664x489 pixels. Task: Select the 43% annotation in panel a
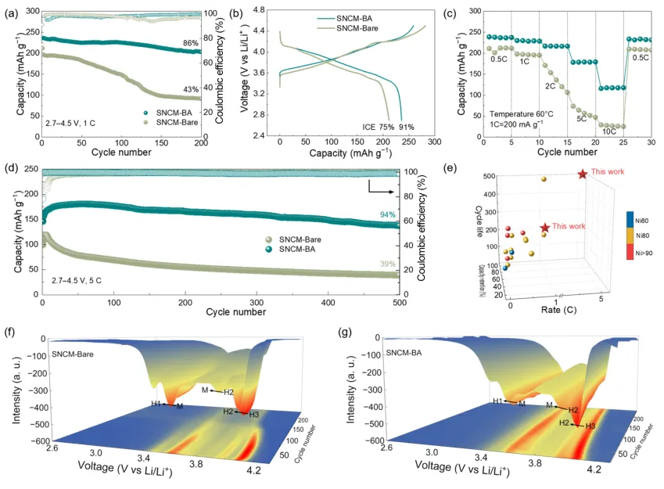click(190, 90)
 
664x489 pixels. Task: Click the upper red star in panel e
click(582, 174)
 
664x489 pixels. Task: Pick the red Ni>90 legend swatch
click(630, 251)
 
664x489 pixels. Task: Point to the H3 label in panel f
click(254, 415)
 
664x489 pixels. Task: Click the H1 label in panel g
click(497, 400)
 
